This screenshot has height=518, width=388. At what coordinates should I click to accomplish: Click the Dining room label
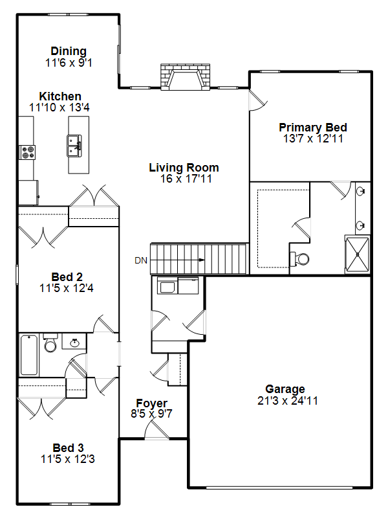[69, 51]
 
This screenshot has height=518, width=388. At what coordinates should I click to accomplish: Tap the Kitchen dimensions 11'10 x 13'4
[59, 107]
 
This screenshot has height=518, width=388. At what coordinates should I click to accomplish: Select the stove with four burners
[27, 152]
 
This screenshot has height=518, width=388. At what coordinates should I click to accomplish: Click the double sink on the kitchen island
[74, 145]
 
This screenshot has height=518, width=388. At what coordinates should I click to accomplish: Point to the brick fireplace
[185, 76]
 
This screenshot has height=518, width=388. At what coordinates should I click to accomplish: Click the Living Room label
[184, 168]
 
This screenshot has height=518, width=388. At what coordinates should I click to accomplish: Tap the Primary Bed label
[313, 128]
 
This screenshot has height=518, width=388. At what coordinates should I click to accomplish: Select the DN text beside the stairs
[141, 260]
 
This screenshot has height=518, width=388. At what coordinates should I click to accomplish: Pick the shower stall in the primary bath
[357, 254]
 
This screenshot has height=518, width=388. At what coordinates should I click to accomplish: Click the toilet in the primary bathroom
[299, 258]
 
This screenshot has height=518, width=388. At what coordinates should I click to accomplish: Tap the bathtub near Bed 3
[29, 355]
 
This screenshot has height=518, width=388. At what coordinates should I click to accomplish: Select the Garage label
[285, 389]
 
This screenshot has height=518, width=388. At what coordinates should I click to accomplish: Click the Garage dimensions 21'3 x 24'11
[287, 401]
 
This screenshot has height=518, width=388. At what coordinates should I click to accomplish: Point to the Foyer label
[152, 403]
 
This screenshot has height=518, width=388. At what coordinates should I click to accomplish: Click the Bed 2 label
[67, 277]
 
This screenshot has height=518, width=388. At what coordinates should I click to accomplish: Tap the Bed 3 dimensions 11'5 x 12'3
[68, 459]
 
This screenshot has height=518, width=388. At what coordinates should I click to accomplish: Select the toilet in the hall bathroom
[50, 343]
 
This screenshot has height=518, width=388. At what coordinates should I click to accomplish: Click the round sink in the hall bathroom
[75, 343]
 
